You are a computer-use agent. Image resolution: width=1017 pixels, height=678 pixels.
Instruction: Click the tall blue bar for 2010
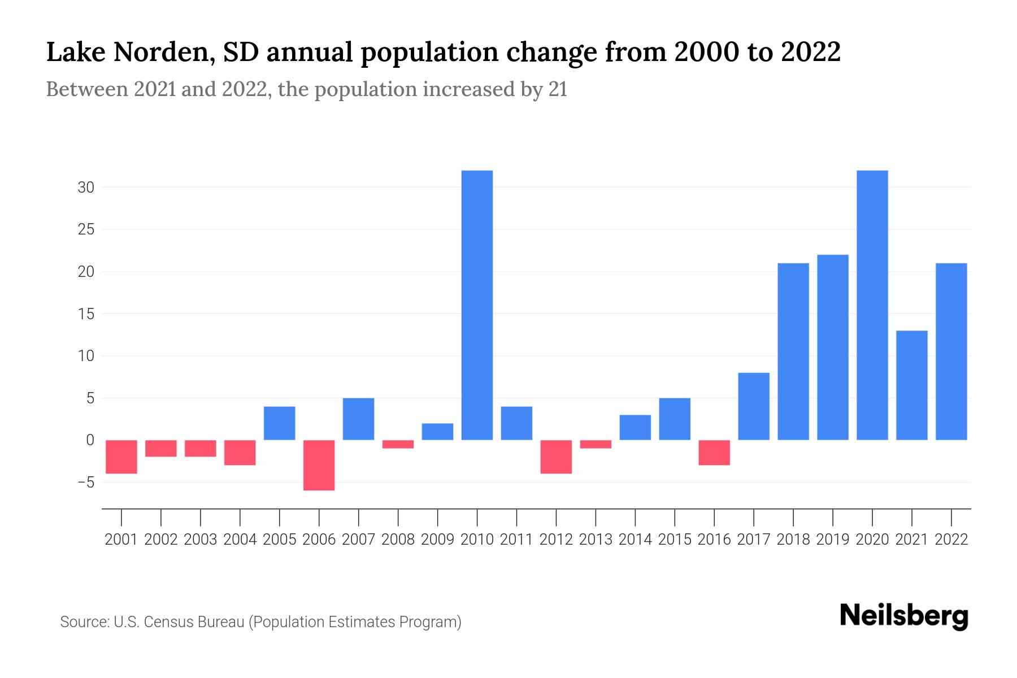click(477, 305)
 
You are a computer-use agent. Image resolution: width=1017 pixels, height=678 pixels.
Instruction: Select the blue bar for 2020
click(872, 305)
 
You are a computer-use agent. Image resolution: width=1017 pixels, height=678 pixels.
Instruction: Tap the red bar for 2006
click(319, 465)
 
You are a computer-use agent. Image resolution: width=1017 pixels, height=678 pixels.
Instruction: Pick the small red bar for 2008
click(398, 444)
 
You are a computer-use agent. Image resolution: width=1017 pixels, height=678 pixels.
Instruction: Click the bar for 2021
click(911, 385)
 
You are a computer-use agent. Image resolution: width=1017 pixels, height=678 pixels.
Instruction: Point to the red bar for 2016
click(714, 453)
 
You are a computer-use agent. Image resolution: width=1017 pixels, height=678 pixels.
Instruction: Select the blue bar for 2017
click(754, 406)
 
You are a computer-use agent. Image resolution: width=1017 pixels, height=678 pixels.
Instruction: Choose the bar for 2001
click(121, 457)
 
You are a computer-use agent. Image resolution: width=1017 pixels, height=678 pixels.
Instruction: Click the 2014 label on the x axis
click(635, 540)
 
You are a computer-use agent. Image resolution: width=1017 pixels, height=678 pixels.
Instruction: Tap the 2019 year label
click(832, 540)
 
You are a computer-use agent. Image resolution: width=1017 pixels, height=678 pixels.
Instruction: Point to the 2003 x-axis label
click(201, 540)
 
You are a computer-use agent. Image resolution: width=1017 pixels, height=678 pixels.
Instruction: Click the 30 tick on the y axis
click(86, 188)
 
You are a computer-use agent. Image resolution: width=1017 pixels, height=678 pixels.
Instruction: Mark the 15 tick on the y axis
click(86, 314)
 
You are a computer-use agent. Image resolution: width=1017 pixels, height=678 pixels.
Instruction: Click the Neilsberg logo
click(904, 617)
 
